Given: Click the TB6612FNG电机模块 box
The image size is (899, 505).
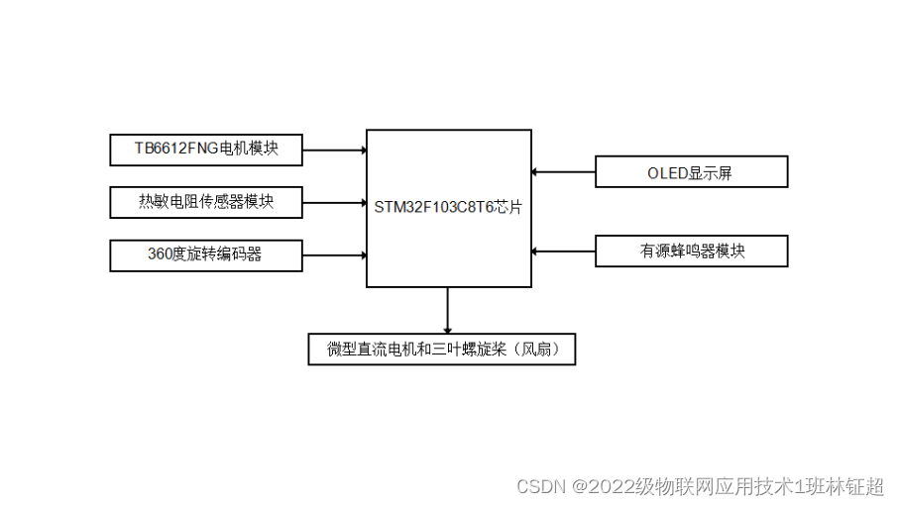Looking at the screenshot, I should [x=206, y=151].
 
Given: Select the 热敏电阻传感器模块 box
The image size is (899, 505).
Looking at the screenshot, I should [x=206, y=203].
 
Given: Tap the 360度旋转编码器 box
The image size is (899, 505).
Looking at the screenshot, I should [x=206, y=254].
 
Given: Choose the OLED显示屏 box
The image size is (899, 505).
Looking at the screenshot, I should [x=691, y=172].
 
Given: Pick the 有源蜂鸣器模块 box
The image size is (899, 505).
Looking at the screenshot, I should [x=691, y=252].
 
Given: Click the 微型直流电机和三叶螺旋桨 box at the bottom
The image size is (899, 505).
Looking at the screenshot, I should [x=441, y=350].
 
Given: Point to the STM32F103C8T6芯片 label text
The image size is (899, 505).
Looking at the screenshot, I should [x=448, y=208].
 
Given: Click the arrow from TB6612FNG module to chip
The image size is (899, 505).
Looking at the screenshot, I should [x=334, y=151].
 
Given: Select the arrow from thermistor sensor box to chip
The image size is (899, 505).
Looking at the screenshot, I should [x=334, y=203].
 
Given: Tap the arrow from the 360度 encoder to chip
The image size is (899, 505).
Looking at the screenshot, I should [x=334, y=254].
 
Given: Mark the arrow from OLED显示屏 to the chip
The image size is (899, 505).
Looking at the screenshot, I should [x=563, y=172].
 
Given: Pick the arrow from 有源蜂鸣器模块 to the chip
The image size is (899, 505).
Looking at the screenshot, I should [x=563, y=251].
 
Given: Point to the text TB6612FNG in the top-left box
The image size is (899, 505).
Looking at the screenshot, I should [x=174, y=151].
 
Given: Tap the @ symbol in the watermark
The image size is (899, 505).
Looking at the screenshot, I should [x=578, y=487].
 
